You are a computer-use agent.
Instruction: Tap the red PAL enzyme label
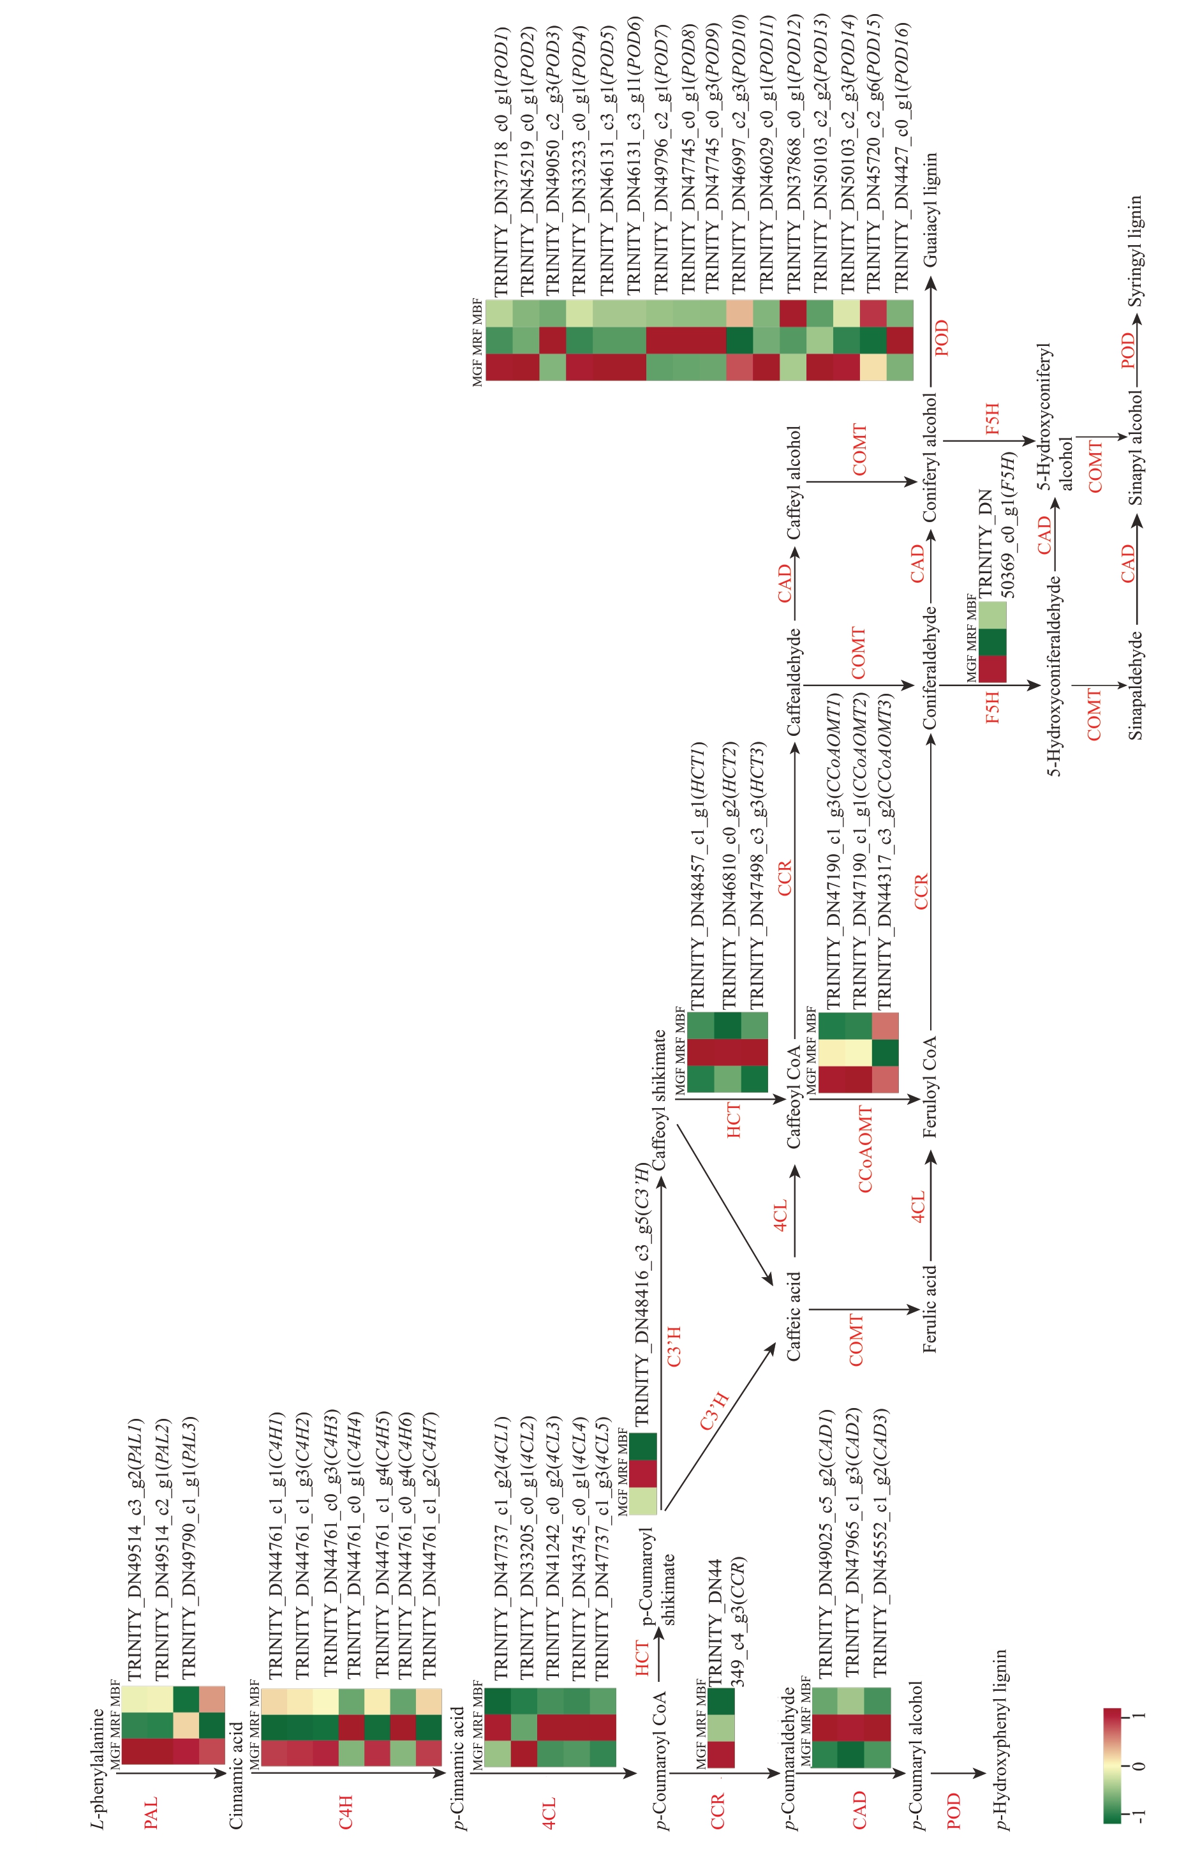click(x=151, y=1813)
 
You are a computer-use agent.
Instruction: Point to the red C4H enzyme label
click(x=346, y=1812)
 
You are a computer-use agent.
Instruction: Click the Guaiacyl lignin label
click(x=931, y=209)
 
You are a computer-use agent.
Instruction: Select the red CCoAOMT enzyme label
click(x=865, y=1149)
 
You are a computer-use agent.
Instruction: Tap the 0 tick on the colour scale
click(x=1139, y=1765)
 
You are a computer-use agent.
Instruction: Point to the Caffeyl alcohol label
click(x=793, y=482)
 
